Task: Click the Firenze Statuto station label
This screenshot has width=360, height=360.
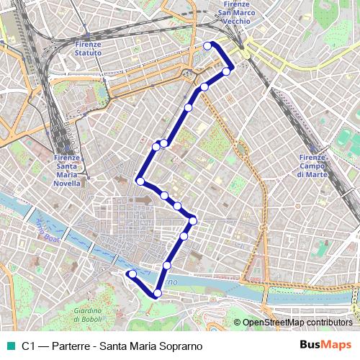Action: point(88,48)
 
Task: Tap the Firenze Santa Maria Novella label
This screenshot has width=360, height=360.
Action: point(66,171)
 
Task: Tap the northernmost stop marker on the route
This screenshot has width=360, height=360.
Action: point(208,46)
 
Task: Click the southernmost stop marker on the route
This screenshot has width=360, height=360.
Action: point(158,293)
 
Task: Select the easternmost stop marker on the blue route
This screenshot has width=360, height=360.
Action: point(227,71)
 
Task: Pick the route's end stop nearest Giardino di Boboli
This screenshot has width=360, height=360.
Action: point(132,274)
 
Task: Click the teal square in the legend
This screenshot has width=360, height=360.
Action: point(9,346)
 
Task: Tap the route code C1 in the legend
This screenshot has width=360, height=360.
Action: point(28,346)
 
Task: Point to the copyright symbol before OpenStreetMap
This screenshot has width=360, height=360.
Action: point(237,323)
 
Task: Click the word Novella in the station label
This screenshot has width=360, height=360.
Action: point(67,184)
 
